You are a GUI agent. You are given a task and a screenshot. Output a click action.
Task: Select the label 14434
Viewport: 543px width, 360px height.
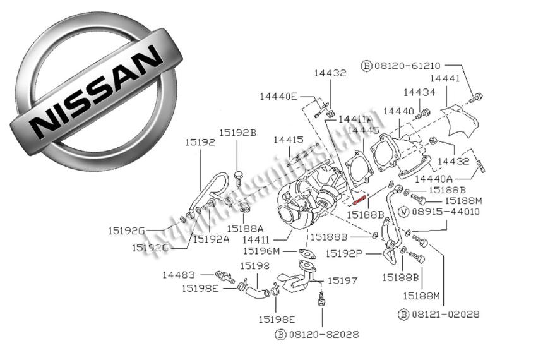(x=419, y=93)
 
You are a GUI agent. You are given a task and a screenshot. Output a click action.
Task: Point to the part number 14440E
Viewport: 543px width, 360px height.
(x=278, y=97)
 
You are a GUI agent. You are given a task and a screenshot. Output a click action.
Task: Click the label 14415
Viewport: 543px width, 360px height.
(x=289, y=140)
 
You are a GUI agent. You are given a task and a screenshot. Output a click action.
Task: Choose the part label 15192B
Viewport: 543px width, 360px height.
(x=237, y=133)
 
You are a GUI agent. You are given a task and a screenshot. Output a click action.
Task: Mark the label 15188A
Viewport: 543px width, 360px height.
(x=244, y=229)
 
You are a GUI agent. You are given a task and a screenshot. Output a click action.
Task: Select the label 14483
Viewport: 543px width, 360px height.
(x=179, y=275)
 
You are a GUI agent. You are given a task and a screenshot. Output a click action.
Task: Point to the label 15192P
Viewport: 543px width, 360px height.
(x=344, y=254)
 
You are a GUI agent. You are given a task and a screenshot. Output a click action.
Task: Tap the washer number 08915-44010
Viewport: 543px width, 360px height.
(x=445, y=211)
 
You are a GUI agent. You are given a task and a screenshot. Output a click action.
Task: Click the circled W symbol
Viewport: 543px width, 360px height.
(x=403, y=211)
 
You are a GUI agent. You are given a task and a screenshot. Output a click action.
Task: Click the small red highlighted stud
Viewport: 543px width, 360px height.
(x=360, y=200)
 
